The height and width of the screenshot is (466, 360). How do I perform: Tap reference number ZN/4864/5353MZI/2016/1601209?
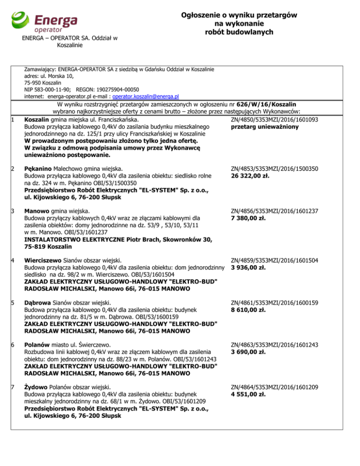pos(275,387)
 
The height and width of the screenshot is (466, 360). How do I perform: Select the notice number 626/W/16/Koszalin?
pos(269,104)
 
